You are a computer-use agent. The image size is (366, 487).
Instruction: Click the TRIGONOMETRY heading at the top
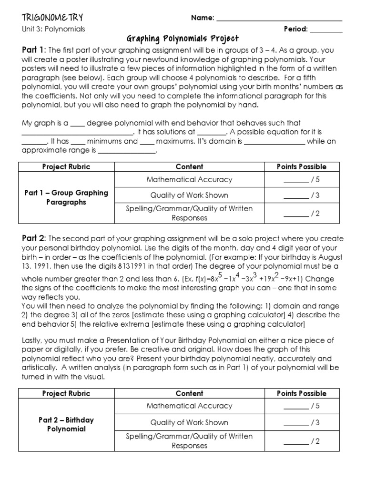52,18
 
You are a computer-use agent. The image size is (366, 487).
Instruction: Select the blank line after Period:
326,31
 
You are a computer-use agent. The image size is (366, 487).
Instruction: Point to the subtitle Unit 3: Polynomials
53,29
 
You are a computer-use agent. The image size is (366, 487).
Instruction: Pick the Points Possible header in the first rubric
302,167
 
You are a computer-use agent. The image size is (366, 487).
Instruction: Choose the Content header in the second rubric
189,393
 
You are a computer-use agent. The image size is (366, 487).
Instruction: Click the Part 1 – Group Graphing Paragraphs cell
66,197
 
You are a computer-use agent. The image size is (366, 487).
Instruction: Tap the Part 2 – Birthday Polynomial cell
66,424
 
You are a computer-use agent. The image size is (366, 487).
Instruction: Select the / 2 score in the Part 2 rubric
302,442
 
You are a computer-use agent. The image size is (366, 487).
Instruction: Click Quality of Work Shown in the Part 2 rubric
189,422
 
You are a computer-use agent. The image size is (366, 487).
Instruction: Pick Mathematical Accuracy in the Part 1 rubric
189,180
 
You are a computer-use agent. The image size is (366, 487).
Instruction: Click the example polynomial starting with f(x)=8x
253,278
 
